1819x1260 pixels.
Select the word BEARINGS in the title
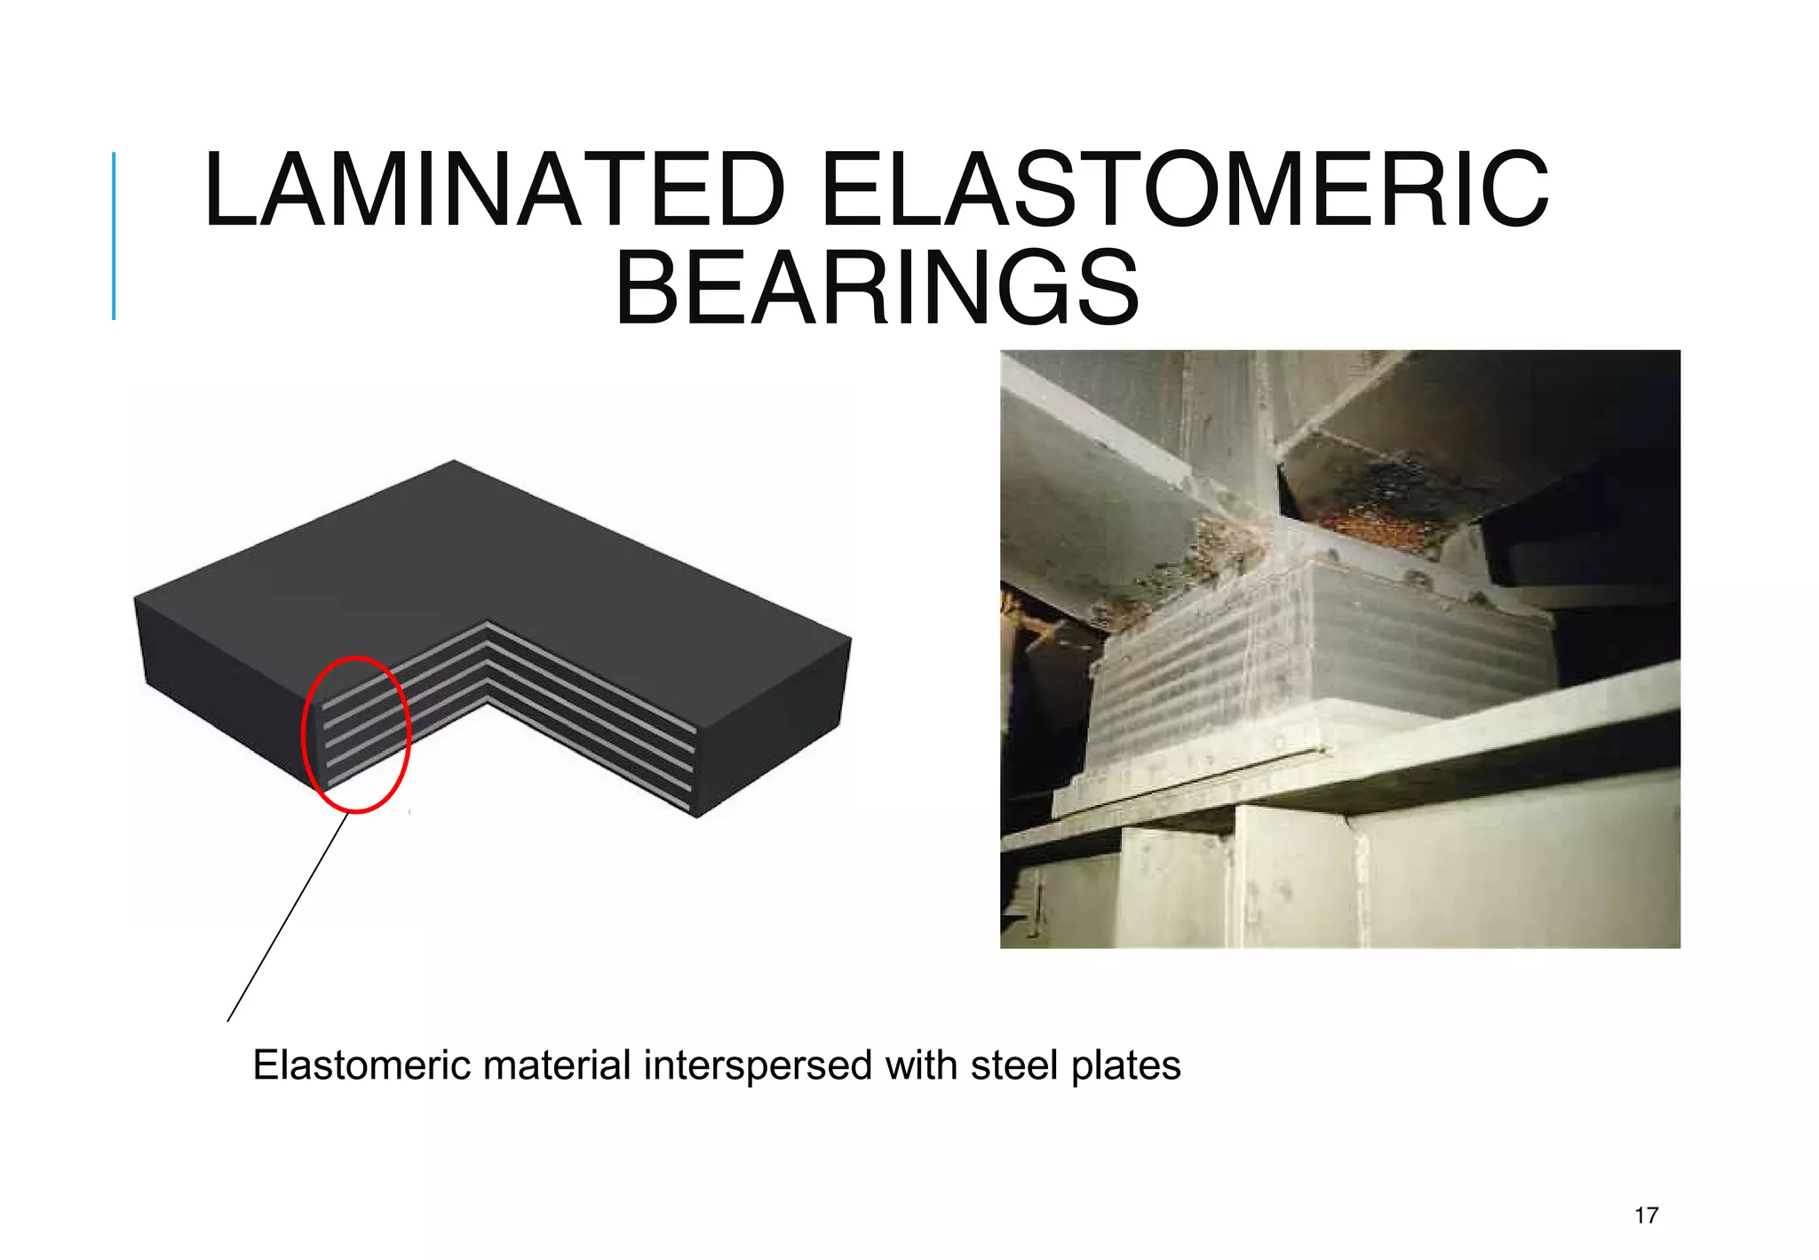coord(877,289)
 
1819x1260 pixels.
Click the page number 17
coord(1646,1216)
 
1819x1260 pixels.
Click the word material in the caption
coord(556,1065)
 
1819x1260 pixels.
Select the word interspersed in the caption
coord(758,1065)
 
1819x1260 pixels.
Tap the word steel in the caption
coord(1015,1065)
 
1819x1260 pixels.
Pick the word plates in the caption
coord(1125,1065)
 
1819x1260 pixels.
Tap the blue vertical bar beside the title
coord(114,235)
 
